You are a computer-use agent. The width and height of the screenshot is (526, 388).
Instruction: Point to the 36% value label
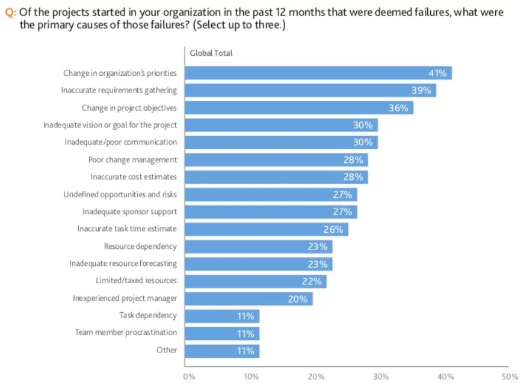[398, 108]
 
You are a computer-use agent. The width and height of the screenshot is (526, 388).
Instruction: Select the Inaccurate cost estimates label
[134, 177]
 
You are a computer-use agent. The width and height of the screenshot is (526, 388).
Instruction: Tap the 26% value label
[333, 229]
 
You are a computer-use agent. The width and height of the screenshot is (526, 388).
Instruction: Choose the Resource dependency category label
[140, 246]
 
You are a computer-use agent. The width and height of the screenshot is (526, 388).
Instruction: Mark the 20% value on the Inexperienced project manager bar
[298, 299]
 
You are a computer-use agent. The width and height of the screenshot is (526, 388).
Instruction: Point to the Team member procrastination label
[126, 332]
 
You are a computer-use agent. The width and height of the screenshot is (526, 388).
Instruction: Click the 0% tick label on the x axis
[189, 376]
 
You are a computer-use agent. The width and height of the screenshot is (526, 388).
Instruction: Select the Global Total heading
[211, 53]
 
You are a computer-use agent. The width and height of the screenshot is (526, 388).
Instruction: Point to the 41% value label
[437, 73]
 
